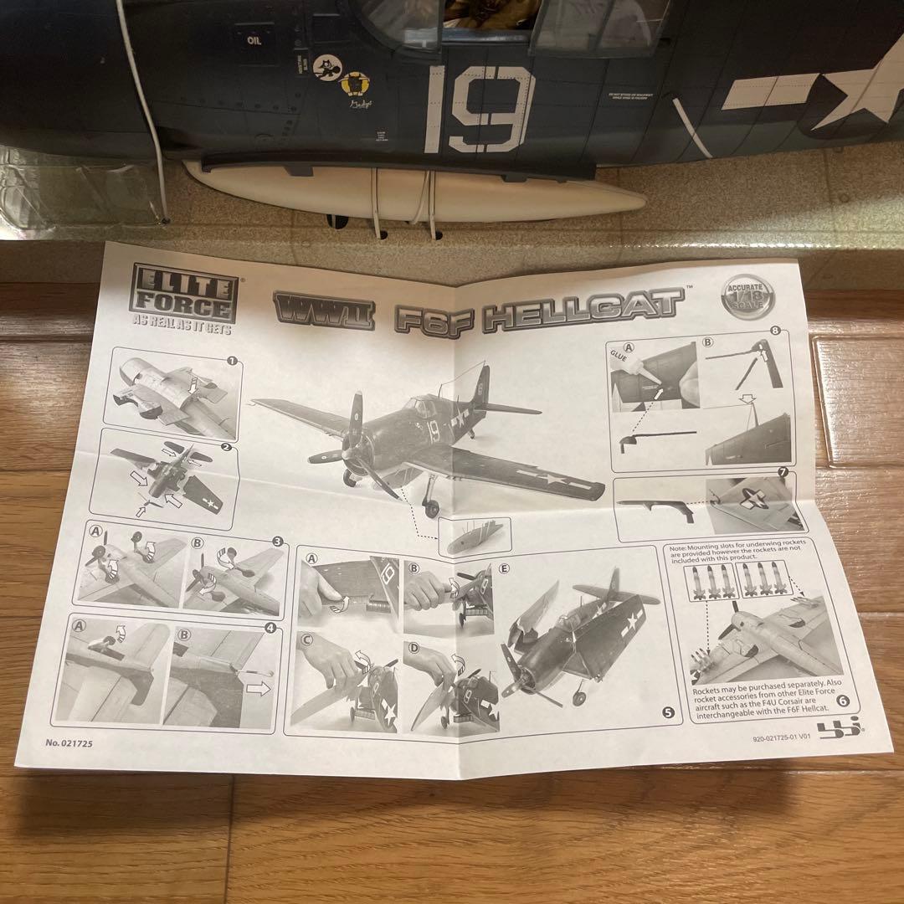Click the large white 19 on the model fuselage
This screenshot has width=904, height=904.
pos(479,109)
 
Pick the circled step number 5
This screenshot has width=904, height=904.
pos(667,713)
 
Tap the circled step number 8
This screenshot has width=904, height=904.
pos(776,331)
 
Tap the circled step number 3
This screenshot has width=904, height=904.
pos(277,542)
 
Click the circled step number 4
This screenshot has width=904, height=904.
pos(270,627)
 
